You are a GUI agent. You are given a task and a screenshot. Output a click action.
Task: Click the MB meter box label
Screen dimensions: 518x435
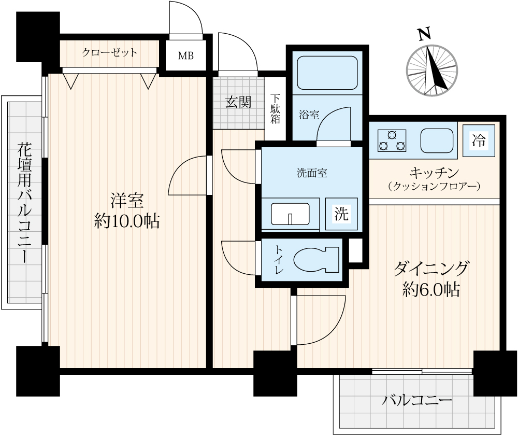pyautogui.click(x=185, y=56)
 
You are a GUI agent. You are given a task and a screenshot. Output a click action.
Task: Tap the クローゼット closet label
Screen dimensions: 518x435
pyautogui.click(x=109, y=52)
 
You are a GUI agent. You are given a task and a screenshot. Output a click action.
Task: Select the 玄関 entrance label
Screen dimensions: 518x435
pyautogui.click(x=238, y=103)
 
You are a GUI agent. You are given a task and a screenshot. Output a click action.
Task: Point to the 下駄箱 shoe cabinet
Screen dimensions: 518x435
pyautogui.click(x=275, y=109)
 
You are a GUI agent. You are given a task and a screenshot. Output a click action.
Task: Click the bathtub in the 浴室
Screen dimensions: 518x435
pyautogui.click(x=328, y=73)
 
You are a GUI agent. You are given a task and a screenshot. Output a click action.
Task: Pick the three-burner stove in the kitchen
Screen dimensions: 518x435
pyautogui.click(x=392, y=141)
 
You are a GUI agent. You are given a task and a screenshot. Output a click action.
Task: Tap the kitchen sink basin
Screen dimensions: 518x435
pyautogui.click(x=437, y=141)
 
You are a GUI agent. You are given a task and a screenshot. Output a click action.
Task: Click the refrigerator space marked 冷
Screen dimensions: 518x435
pyautogui.click(x=479, y=141)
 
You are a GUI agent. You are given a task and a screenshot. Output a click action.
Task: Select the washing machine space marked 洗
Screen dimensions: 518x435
pyautogui.click(x=341, y=214)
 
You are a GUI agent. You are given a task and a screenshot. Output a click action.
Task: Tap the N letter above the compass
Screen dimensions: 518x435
pyautogui.click(x=424, y=34)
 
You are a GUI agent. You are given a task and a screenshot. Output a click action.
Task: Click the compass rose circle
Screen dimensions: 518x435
pyautogui.click(x=432, y=70)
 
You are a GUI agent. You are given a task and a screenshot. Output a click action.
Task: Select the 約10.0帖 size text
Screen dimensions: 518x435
pyautogui.click(x=127, y=221)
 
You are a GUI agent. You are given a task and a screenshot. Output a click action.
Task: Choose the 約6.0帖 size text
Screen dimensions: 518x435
pyautogui.click(x=431, y=289)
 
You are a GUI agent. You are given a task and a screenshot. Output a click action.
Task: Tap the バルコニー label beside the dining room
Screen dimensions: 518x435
pyautogui.click(x=417, y=401)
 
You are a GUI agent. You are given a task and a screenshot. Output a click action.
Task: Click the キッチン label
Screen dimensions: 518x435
pyautogui.click(x=434, y=173)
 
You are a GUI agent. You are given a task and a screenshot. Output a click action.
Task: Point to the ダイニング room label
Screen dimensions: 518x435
pyautogui.click(x=431, y=268)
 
